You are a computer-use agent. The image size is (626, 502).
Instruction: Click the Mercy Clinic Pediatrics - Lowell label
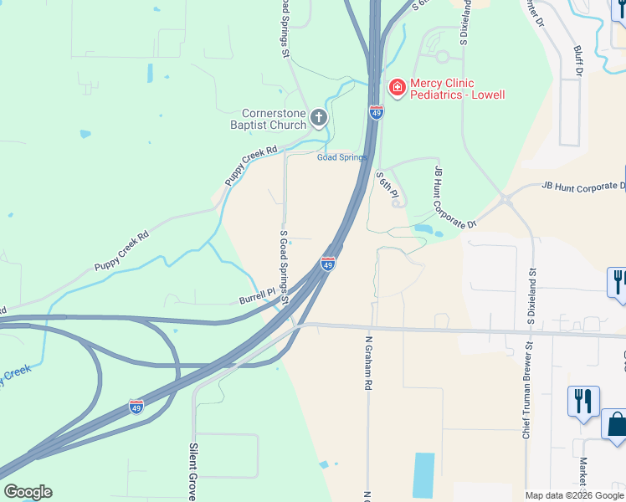coord(457,89)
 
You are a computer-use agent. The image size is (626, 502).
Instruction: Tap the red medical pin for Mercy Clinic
coord(397,87)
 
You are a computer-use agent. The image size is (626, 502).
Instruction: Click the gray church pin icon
coord(318,119)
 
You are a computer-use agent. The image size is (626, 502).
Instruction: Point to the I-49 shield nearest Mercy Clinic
coord(377,111)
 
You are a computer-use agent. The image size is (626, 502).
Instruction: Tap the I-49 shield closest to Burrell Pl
coord(328,264)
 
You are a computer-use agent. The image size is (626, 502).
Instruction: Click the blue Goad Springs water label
coord(341,157)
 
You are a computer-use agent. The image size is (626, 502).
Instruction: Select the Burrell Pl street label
coord(257,295)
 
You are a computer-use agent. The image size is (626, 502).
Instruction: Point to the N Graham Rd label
coord(367,363)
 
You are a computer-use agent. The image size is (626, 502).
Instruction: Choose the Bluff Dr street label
coord(577,58)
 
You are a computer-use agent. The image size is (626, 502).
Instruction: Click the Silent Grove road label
coord(193,473)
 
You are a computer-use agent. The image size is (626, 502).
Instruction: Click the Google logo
coord(28,492)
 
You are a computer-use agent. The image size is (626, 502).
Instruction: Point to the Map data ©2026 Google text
coord(573,495)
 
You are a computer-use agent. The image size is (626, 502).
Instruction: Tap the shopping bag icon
coord(615,424)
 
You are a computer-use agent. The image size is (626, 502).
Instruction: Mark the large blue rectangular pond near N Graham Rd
coord(424,475)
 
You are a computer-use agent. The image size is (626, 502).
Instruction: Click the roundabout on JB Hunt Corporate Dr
coord(505,199)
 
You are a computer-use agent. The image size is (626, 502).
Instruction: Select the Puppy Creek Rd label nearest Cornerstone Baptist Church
coord(250,166)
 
